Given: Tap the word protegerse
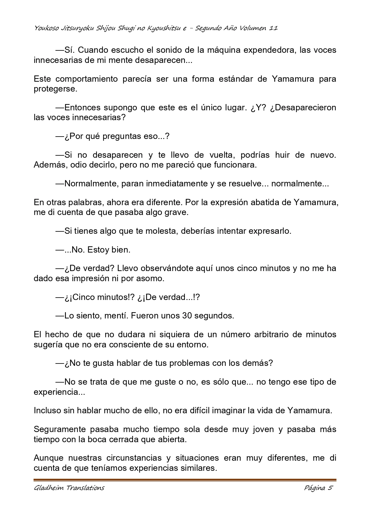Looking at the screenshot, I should click(55, 89).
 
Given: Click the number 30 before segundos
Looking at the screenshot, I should click(187, 315).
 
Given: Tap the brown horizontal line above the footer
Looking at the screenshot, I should click(185, 480).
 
